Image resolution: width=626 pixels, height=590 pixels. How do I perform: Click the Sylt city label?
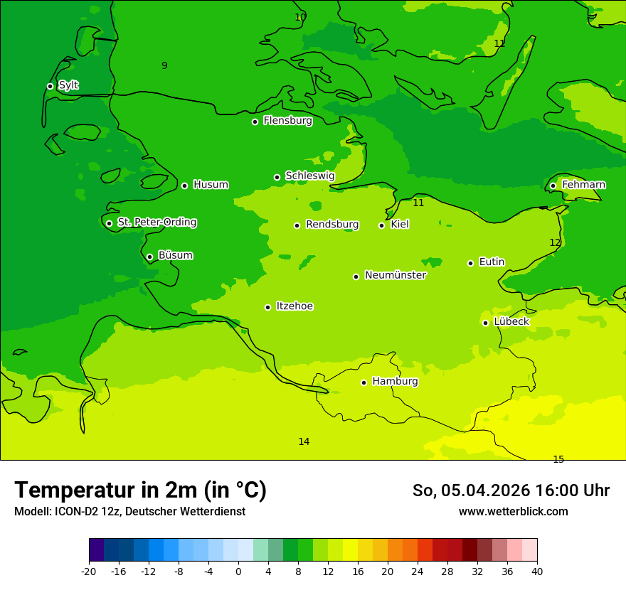tap(68, 85)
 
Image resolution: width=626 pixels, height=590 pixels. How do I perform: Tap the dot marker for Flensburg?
tap(255, 122)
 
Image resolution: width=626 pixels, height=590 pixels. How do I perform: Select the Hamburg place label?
tap(395, 382)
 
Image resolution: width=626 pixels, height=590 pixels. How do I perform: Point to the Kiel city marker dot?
tap(381, 225)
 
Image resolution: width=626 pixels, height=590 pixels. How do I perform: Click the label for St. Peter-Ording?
tap(156, 222)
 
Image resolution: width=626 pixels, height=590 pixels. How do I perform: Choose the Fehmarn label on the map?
tap(583, 185)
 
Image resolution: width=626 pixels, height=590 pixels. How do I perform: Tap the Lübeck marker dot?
tap(485, 323)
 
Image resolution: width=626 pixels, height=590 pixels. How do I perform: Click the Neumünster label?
tap(395, 275)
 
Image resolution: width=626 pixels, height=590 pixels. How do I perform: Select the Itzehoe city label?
tap(295, 306)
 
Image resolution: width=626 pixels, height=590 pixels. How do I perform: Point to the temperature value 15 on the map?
tap(558, 459)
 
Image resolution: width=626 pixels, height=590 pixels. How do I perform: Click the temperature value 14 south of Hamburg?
tap(304, 441)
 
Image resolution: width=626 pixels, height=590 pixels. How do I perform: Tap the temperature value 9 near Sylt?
tap(164, 65)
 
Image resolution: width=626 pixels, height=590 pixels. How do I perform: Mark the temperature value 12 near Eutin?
tap(555, 242)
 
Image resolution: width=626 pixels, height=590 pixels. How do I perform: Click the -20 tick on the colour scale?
tap(89, 571)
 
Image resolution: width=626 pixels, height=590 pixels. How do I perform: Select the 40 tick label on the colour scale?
tap(537, 571)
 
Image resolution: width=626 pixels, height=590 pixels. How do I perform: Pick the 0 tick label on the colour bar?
tap(238, 571)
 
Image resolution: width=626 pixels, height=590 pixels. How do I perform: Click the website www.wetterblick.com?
tap(513, 511)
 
